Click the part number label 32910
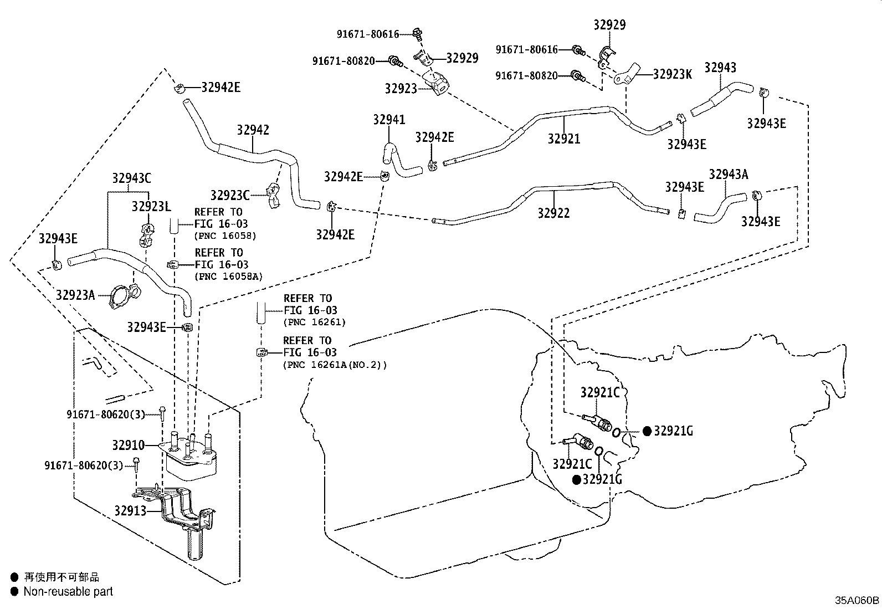[x=129, y=445]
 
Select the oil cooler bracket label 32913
[x=130, y=511]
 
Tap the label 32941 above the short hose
[x=389, y=119]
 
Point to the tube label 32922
[x=553, y=213]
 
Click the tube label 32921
[x=564, y=139]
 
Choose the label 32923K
[x=672, y=74]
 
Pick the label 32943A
[x=729, y=174]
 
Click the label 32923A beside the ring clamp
[x=75, y=295]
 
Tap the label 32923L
[x=151, y=206]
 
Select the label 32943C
[x=131, y=178]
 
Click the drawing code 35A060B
[x=857, y=600]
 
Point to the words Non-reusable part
[x=68, y=591]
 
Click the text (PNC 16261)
[x=315, y=322]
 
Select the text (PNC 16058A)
[x=228, y=277]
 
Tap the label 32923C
[x=230, y=195]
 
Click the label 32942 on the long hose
[x=253, y=130]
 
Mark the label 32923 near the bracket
[x=401, y=89]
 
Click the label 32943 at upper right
[x=720, y=68]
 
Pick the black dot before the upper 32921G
[x=647, y=431]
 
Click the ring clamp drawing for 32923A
[x=122, y=296]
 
